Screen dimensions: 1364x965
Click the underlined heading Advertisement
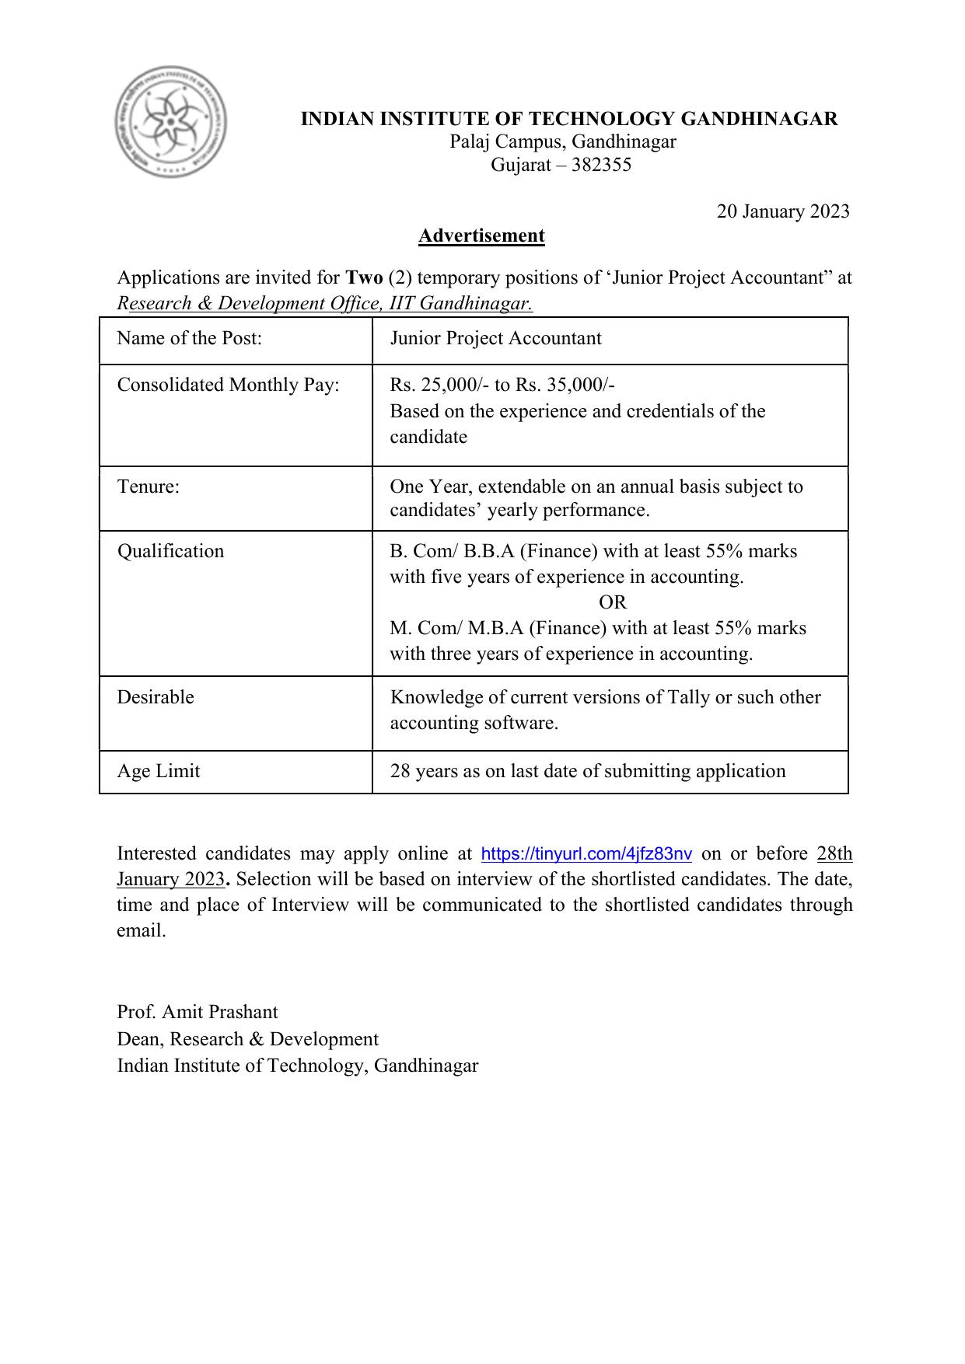481,235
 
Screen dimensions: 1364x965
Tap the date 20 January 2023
782,211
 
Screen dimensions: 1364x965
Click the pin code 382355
601,165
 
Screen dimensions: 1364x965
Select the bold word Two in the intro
363,277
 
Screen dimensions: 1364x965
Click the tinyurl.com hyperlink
586,854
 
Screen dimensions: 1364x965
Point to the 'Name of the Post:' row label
189,338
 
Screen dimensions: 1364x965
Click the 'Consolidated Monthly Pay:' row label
228,385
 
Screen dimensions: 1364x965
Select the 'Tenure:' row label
148,487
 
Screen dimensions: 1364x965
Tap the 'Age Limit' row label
158,771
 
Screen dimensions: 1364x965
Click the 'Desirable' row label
155,697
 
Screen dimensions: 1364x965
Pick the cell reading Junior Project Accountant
495,338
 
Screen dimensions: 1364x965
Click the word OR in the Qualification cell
612,602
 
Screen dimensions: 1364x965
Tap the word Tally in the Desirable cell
688,697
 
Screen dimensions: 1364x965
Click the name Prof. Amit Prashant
197,1012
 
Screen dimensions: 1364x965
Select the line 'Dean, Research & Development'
247,1039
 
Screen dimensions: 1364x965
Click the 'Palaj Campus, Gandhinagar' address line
562,141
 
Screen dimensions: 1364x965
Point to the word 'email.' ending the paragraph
141,930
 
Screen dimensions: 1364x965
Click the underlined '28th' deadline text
834,853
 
